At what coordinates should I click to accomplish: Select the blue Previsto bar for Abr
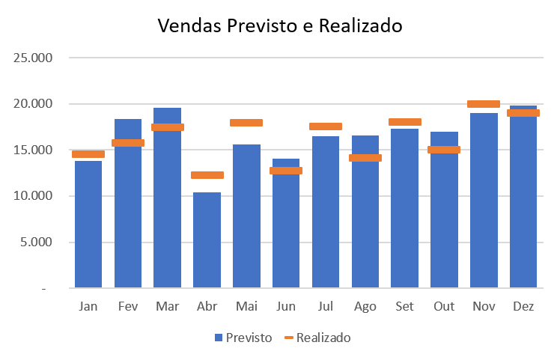[x=207, y=240]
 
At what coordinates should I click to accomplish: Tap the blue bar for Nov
[x=484, y=202]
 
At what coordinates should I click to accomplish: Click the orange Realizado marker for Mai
[x=246, y=123]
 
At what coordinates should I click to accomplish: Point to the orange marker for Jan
[x=88, y=154]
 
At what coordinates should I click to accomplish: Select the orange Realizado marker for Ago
[x=365, y=158]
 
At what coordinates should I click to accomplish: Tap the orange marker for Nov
[x=484, y=104]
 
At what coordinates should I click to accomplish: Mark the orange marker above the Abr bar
[x=207, y=175]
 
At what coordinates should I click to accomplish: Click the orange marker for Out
[x=444, y=150]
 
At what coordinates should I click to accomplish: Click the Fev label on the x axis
[x=128, y=307]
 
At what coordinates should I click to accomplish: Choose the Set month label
[x=404, y=307]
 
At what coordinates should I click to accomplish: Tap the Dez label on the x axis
[x=523, y=307]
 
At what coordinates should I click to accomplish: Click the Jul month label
[x=326, y=307]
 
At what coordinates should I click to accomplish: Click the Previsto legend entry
[x=243, y=338]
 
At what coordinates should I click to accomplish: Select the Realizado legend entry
[x=317, y=338]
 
